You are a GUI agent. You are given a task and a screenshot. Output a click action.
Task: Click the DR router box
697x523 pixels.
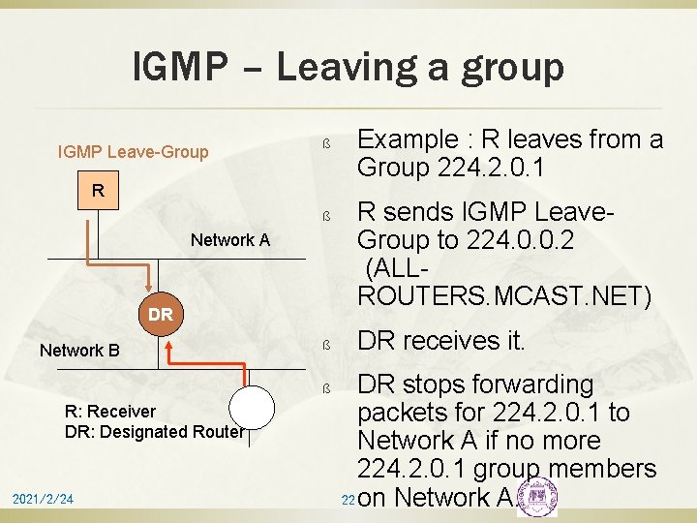(161, 314)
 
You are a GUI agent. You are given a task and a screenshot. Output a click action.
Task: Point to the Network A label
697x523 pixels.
(230, 240)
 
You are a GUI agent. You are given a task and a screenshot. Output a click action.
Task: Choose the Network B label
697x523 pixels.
(79, 350)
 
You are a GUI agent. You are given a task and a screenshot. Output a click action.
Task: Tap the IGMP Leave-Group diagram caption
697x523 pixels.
(133, 151)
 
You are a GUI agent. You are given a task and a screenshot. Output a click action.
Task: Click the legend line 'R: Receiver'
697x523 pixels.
(109, 412)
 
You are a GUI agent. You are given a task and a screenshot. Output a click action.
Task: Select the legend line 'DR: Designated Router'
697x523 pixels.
(154, 432)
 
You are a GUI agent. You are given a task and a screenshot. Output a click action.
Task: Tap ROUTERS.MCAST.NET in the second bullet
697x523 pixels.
(504, 295)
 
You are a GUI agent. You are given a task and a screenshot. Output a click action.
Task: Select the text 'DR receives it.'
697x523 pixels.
(441, 342)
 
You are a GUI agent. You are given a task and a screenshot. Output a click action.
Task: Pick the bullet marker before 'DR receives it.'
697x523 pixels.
(327, 345)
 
